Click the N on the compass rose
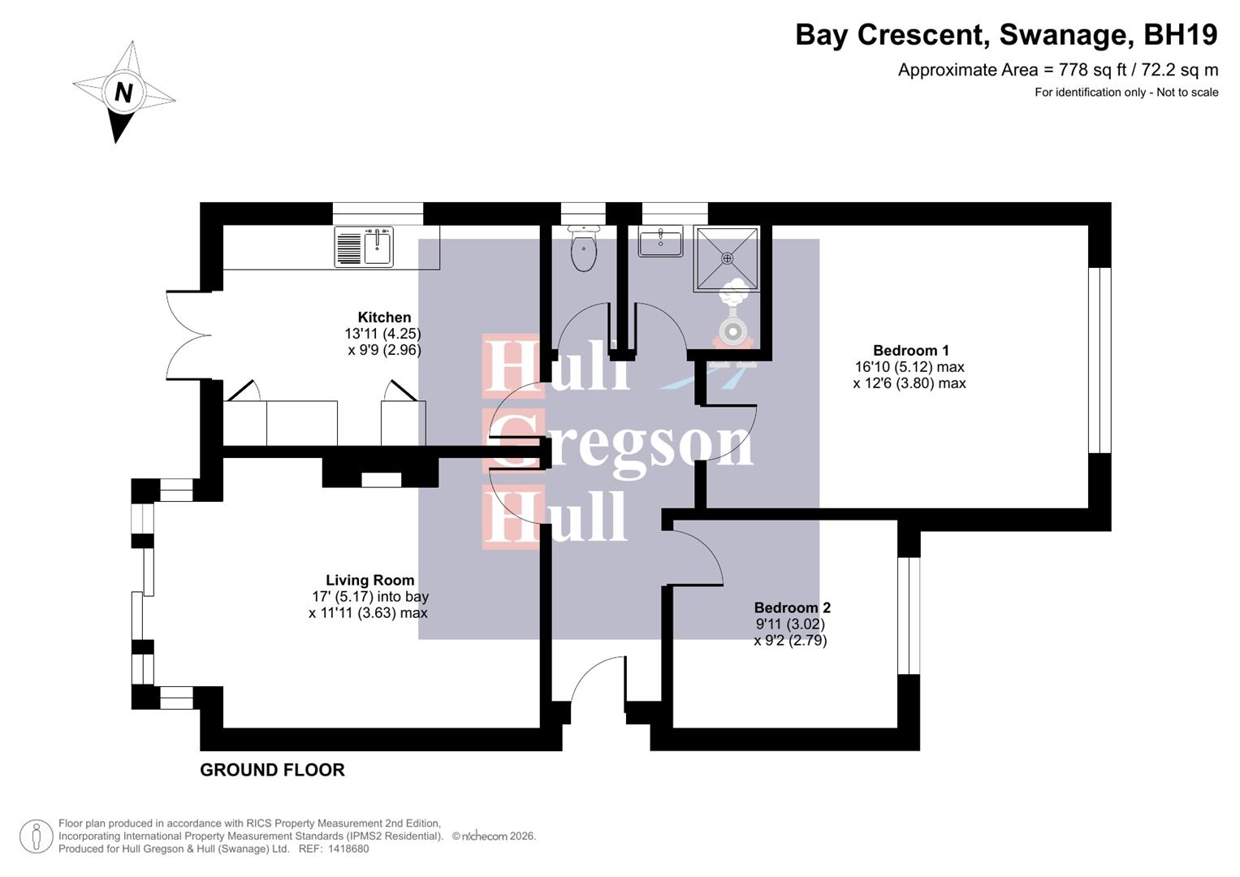click(123, 92)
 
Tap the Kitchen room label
click(384, 318)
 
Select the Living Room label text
click(369, 581)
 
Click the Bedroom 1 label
click(910, 351)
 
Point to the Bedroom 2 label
click(792, 607)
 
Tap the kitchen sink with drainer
click(364, 247)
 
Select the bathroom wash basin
click(660, 242)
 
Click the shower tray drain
click(727, 258)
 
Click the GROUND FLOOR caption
click(272, 770)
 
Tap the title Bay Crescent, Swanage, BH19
click(1006, 35)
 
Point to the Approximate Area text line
click(1057, 70)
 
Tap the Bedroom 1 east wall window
click(1099, 360)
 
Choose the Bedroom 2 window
click(909, 616)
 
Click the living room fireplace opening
click(381, 479)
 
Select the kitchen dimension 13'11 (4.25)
click(382, 334)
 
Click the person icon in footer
click(36, 836)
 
